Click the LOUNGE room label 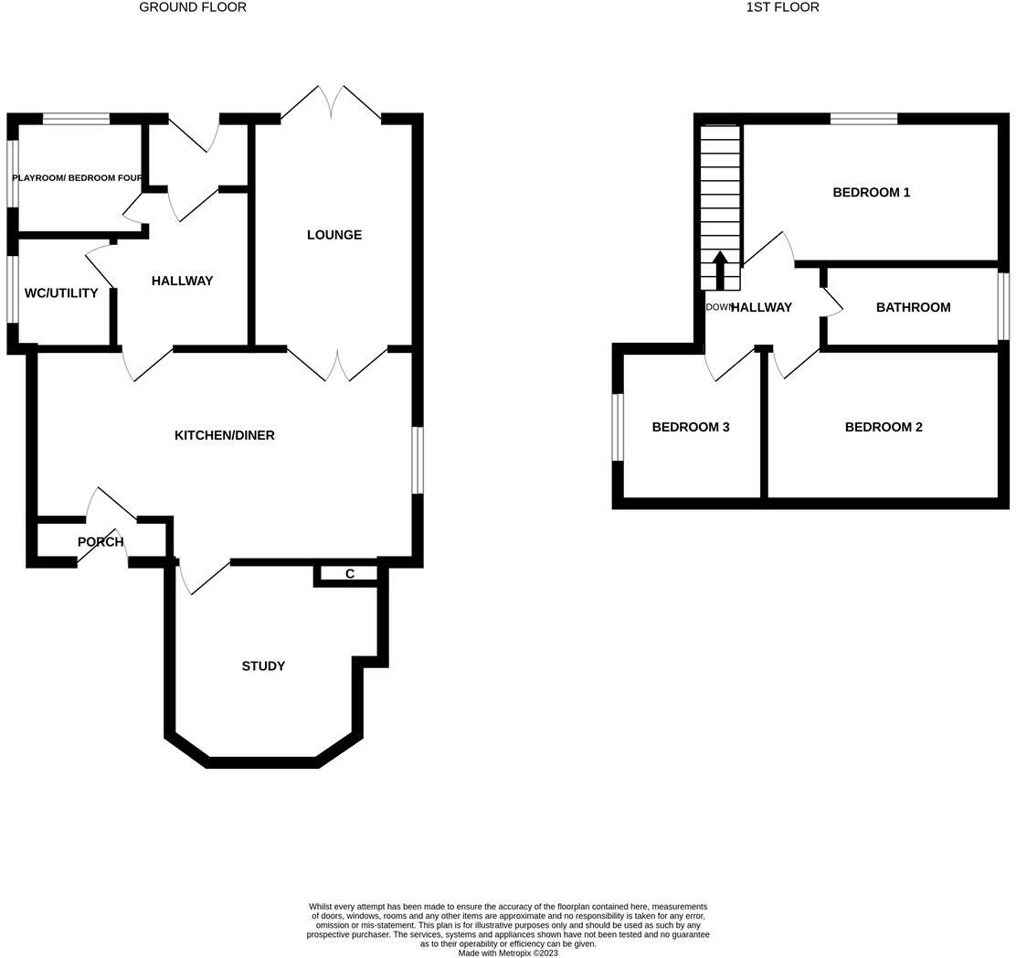tap(334, 235)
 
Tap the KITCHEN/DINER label tap(225, 435)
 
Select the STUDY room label tap(263, 666)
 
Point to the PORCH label tap(101, 542)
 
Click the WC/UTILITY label tap(61, 293)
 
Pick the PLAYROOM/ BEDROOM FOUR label tap(78, 177)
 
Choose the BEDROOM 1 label tap(872, 192)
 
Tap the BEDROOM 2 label tap(884, 427)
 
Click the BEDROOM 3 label tap(691, 427)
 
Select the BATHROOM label tap(914, 307)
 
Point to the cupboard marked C tap(350, 574)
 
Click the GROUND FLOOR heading tap(193, 7)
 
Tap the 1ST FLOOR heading tap(783, 7)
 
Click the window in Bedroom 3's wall tap(618, 427)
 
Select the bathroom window tap(1003, 306)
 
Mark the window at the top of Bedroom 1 tap(863, 118)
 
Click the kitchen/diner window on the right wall tap(418, 460)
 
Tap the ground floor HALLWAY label tap(183, 281)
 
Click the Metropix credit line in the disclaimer tap(508, 953)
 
